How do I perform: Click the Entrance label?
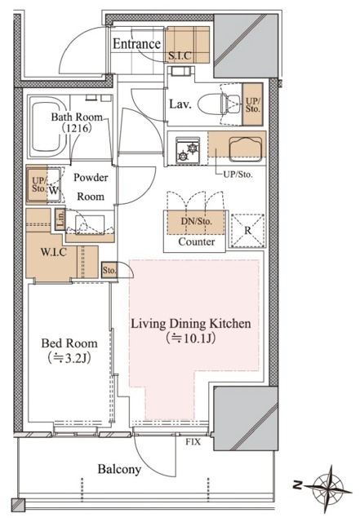[x=136, y=44]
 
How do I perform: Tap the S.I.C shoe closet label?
[x=180, y=55]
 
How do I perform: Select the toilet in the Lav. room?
[x=219, y=104]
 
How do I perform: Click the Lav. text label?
[x=180, y=104]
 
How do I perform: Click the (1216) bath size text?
[x=77, y=128]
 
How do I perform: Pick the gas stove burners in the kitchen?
[x=188, y=150]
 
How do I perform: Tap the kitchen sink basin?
[x=245, y=148]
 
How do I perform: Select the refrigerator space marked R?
[x=247, y=230]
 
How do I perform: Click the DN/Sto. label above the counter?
[x=197, y=221]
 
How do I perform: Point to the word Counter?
[x=197, y=241]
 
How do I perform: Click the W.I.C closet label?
[x=53, y=252]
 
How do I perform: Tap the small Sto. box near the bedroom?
[x=109, y=270]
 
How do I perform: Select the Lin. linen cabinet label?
[x=60, y=219]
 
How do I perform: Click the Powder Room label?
[x=91, y=187]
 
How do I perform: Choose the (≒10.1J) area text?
[x=191, y=338]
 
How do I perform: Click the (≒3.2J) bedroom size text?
[x=69, y=358]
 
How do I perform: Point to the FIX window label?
[x=193, y=442]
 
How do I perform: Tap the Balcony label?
[x=119, y=470]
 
